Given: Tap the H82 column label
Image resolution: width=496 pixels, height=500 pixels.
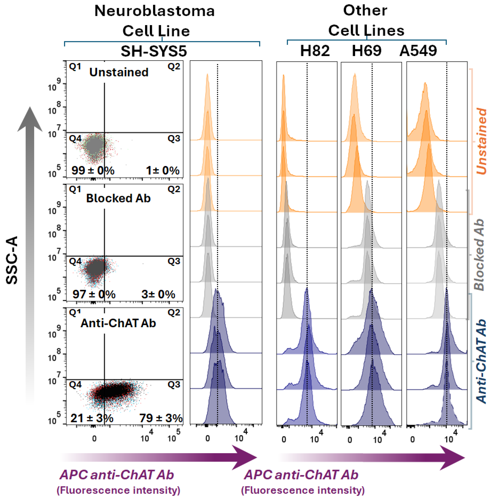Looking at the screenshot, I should (315, 50).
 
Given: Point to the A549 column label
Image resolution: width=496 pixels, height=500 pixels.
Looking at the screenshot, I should (418, 50).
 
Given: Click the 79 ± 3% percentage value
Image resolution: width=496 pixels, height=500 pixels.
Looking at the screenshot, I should (161, 418).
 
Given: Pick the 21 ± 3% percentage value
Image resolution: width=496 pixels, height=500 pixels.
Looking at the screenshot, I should (92, 418).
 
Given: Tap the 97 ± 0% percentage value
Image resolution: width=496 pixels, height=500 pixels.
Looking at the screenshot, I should (94, 294).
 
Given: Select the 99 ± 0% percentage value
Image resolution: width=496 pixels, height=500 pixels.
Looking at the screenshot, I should (93, 170).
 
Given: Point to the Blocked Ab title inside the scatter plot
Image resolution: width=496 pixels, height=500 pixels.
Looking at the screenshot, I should (118, 198).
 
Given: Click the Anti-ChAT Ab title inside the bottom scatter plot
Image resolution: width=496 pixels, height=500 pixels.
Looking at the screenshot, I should (118, 323).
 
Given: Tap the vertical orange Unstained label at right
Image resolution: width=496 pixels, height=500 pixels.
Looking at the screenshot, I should (481, 141).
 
